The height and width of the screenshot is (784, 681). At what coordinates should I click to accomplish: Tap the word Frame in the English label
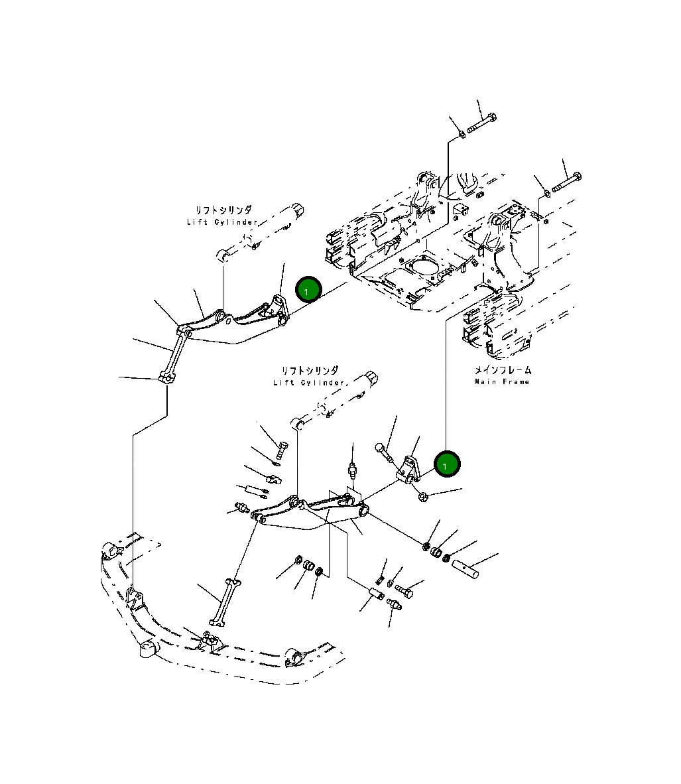pyautogui.click(x=517, y=381)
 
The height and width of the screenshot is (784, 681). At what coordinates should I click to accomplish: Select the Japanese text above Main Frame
pyautogui.click(x=502, y=370)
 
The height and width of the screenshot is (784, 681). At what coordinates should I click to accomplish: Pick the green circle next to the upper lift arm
pyautogui.click(x=308, y=290)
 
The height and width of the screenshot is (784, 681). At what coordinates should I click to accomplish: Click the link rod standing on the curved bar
pyautogui.click(x=223, y=601)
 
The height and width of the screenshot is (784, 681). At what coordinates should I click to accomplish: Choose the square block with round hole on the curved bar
pyautogui.click(x=146, y=649)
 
